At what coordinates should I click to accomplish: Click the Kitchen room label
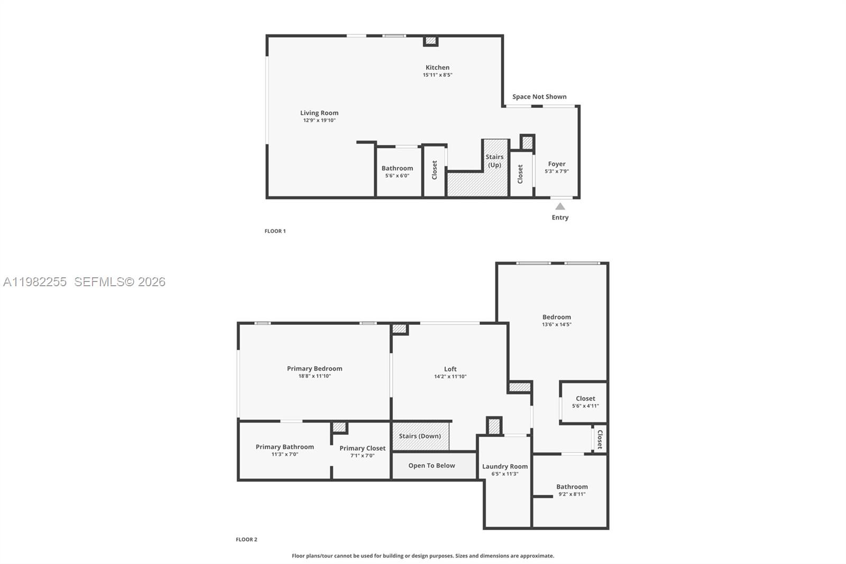437,68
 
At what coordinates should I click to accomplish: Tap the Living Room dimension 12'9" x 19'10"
319,121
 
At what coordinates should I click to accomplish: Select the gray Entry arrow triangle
560,206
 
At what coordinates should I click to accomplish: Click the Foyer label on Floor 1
557,164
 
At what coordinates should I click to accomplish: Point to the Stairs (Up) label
494,161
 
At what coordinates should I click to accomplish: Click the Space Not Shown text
539,97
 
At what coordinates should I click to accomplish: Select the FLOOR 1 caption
275,231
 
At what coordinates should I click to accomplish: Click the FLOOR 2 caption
246,540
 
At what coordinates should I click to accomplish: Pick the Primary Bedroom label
315,369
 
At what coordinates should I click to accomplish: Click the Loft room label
450,369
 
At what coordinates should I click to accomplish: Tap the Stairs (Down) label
420,436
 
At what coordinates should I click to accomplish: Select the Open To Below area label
431,466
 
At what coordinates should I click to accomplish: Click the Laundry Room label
504,467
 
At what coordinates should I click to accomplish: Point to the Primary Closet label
362,449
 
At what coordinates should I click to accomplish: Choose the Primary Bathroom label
284,447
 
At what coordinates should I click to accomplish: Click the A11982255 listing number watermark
35,282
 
